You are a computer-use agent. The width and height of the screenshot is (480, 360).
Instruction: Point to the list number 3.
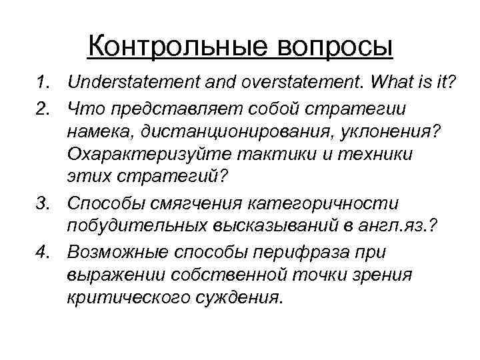pyautogui.click(x=43, y=202)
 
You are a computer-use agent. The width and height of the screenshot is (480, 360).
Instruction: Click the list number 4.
pyautogui.click(x=43, y=253)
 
